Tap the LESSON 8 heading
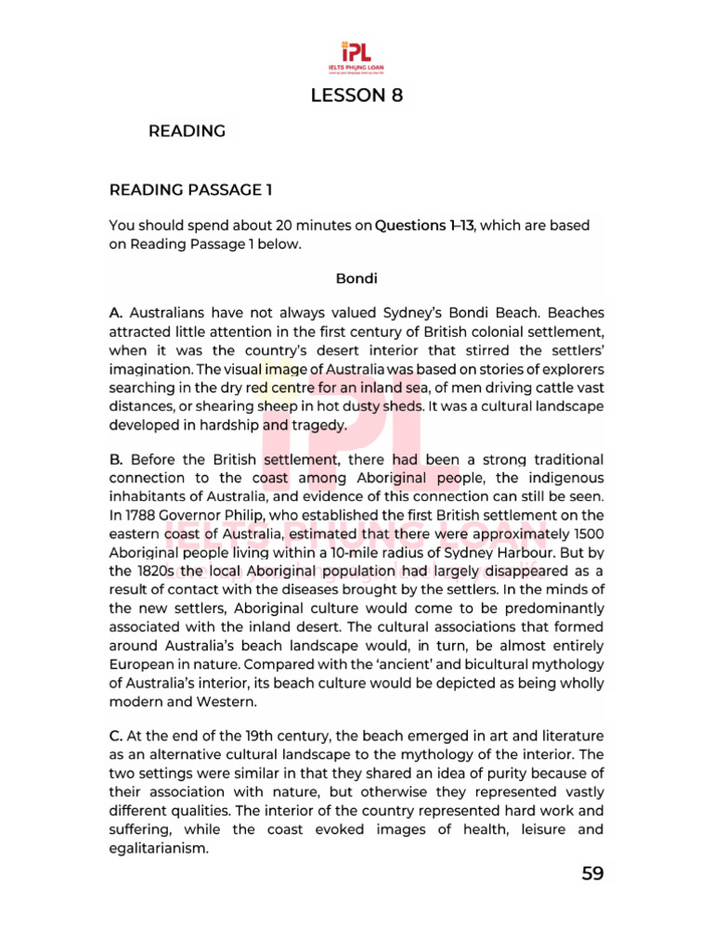356,95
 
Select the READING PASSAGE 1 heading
190,190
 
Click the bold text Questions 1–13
424,225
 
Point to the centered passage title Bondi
356,277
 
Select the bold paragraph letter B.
117,459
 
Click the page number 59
592,874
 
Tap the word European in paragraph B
146,664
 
